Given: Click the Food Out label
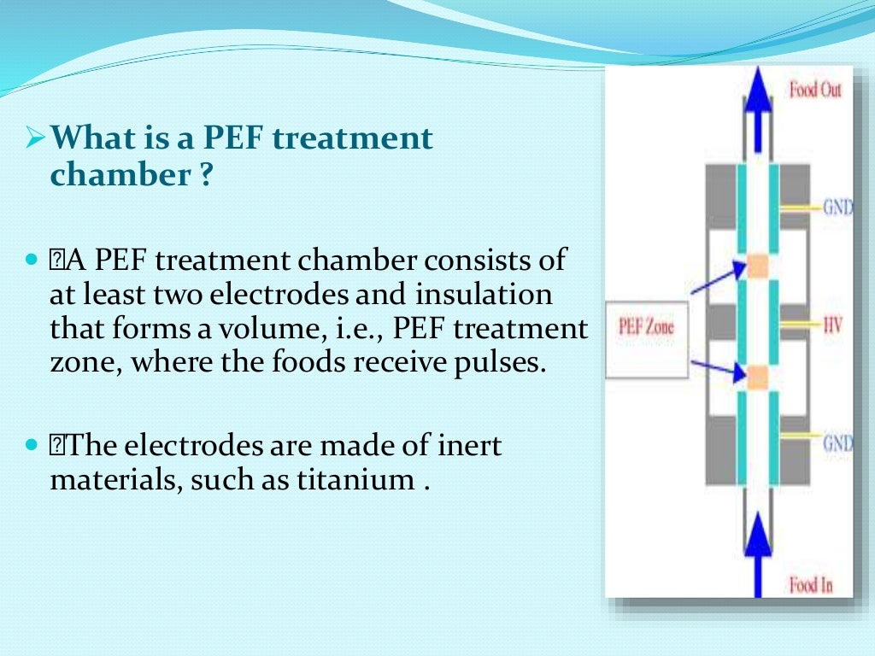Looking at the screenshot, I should [814, 90].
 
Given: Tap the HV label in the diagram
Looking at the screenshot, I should [833, 325].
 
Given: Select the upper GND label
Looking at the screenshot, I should [837, 208].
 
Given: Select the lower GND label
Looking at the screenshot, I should [837, 443].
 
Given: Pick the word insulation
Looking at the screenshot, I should [484, 295].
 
